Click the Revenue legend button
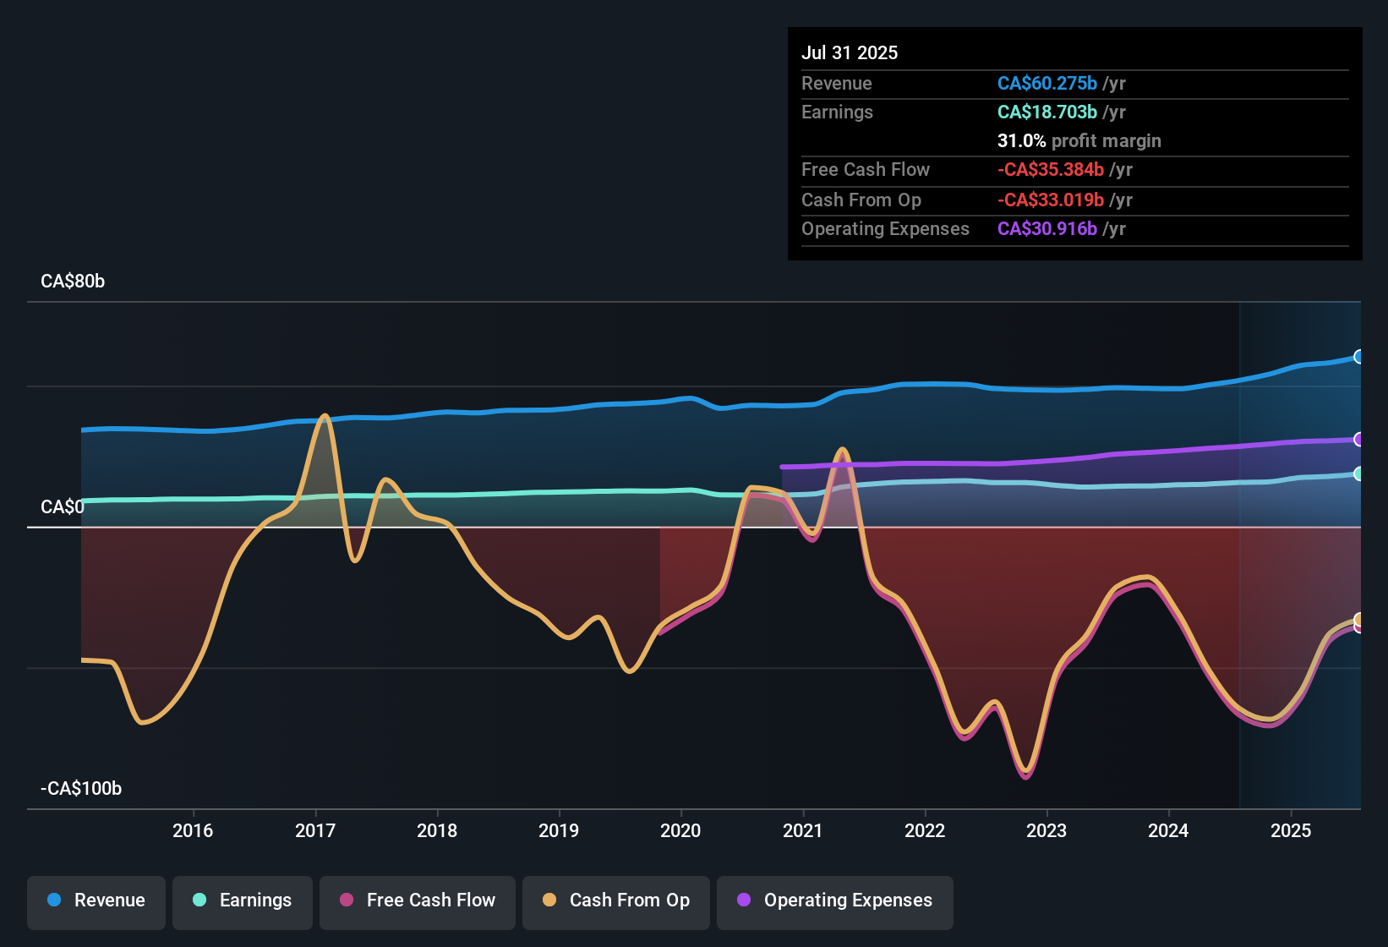coord(96,900)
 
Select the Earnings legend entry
coord(243,900)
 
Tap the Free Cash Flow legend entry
coord(418,900)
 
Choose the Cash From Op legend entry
coord(616,900)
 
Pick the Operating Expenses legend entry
coord(835,900)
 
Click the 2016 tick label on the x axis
coord(193,830)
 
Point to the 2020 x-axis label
coord(680,830)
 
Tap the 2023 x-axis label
coord(1046,830)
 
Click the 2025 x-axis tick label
coord(1291,830)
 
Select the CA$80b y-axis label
coord(73,282)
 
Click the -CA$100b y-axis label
coord(81,789)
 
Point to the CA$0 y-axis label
coord(63,507)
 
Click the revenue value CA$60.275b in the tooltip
coord(1046,84)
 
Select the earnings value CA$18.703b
coord(1046,112)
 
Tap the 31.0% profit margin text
coord(1079,141)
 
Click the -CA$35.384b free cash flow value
coord(1050,170)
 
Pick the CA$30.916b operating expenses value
coord(1046,229)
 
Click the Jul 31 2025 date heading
coord(850,52)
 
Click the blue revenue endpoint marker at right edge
coord(1358,357)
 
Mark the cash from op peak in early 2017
coord(324,416)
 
